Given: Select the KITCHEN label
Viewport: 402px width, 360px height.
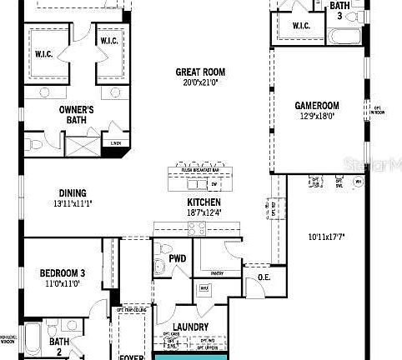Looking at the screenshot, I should [204, 202].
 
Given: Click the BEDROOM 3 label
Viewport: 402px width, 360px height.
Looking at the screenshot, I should [63, 273].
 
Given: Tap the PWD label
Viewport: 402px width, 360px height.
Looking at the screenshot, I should [177, 258].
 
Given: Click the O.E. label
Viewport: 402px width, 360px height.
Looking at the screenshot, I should [264, 277].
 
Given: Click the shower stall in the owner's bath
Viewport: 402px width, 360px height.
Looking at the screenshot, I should [82, 148].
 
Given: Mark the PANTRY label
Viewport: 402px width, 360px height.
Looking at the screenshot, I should [218, 272].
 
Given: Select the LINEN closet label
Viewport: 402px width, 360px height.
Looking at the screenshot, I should [115, 142].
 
